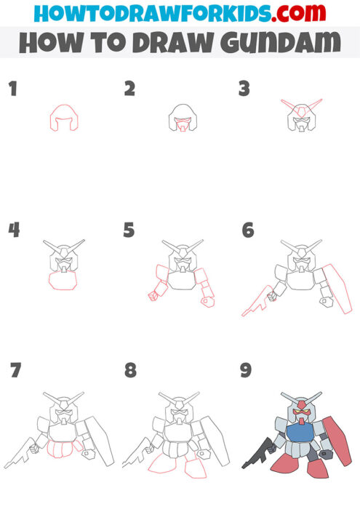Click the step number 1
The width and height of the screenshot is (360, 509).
pyautogui.click(x=12, y=89)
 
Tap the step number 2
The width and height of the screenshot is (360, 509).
pyautogui.click(x=129, y=89)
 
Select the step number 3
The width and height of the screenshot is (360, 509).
pyautogui.click(x=244, y=89)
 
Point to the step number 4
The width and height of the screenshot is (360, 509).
pyautogui.click(x=14, y=231)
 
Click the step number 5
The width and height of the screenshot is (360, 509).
pyautogui.click(x=129, y=231)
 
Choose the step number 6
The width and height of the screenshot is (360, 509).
pyautogui.click(x=248, y=231)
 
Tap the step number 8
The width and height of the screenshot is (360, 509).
pyautogui.click(x=130, y=370)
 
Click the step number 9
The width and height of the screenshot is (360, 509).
pyautogui.click(x=246, y=370)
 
